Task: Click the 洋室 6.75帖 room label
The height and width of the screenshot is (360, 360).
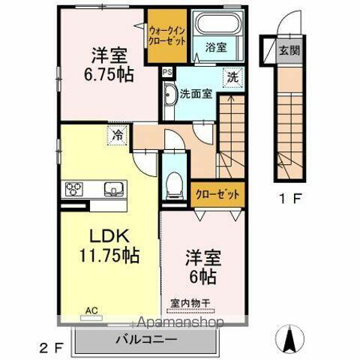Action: click(109, 64)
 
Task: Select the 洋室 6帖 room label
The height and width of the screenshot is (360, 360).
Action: click(201, 267)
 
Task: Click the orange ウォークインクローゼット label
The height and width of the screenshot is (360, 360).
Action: click(167, 33)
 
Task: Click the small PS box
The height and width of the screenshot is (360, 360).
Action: click(166, 73)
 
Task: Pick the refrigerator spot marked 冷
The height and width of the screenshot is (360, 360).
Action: click(118, 136)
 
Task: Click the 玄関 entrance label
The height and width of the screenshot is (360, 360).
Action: click(289, 51)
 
